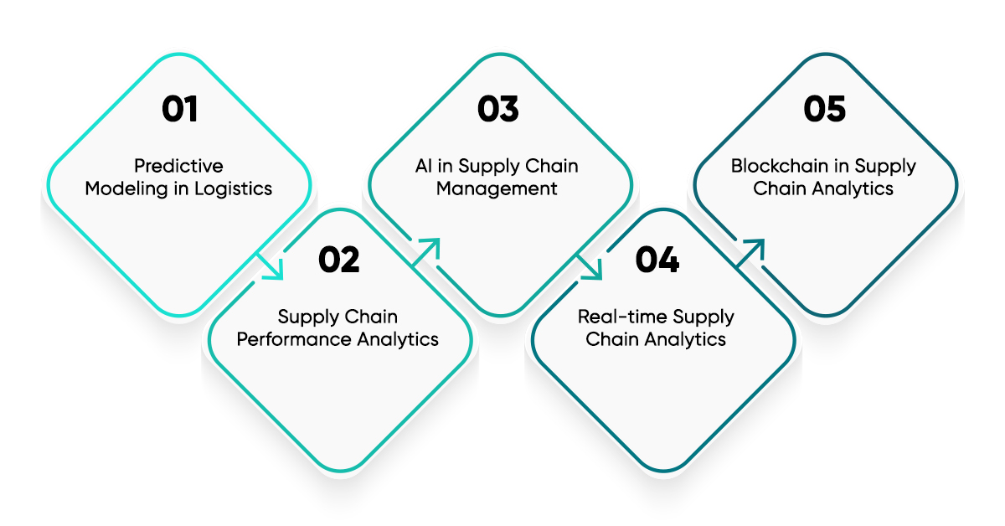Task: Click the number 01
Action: (179, 110)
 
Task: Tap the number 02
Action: (339, 260)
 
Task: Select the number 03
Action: (498, 110)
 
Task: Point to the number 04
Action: (657, 260)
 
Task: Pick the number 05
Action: (825, 110)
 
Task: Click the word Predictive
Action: (179, 166)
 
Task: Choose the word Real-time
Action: (618, 317)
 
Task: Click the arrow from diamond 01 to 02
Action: (270, 266)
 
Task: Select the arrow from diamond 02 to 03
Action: (427, 250)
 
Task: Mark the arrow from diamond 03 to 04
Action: (589, 266)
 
